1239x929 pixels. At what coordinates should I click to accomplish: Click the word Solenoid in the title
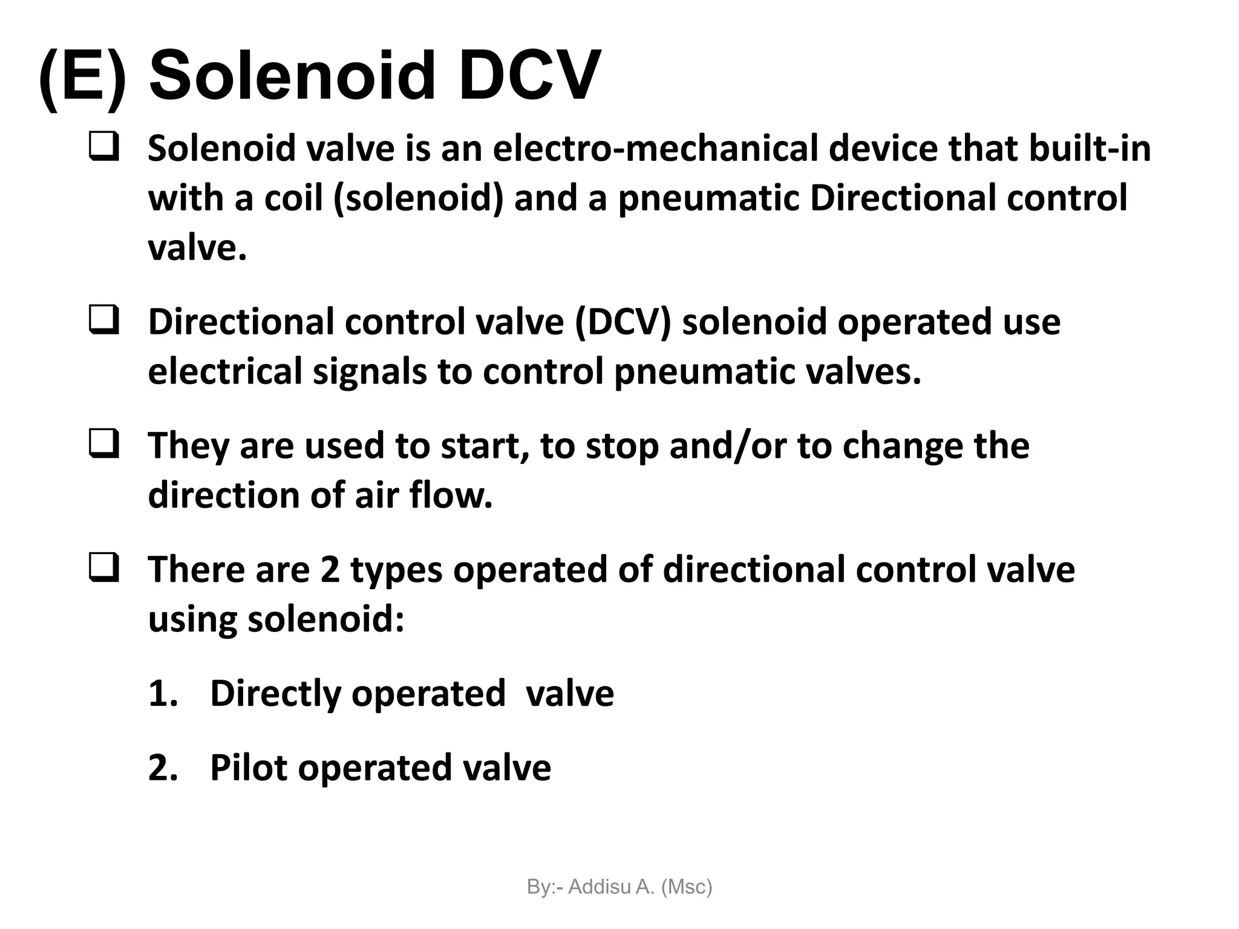pyautogui.click(x=292, y=77)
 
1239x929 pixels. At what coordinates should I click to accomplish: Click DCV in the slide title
pyautogui.click(x=529, y=77)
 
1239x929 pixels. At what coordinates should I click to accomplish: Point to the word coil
pyautogui.click(x=293, y=198)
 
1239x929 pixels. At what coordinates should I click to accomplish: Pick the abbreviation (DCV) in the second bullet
pyautogui.click(x=623, y=322)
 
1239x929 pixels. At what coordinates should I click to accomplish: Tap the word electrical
pyautogui.click(x=224, y=371)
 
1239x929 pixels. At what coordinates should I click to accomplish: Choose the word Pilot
pyautogui.click(x=248, y=768)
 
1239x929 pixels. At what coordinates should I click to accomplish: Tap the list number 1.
pyautogui.click(x=162, y=694)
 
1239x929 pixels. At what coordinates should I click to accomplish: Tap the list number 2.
pyautogui.click(x=162, y=768)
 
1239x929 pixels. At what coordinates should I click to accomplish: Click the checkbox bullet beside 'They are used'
pyautogui.click(x=103, y=444)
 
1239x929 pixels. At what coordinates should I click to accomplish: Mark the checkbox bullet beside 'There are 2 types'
pyautogui.click(x=103, y=568)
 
